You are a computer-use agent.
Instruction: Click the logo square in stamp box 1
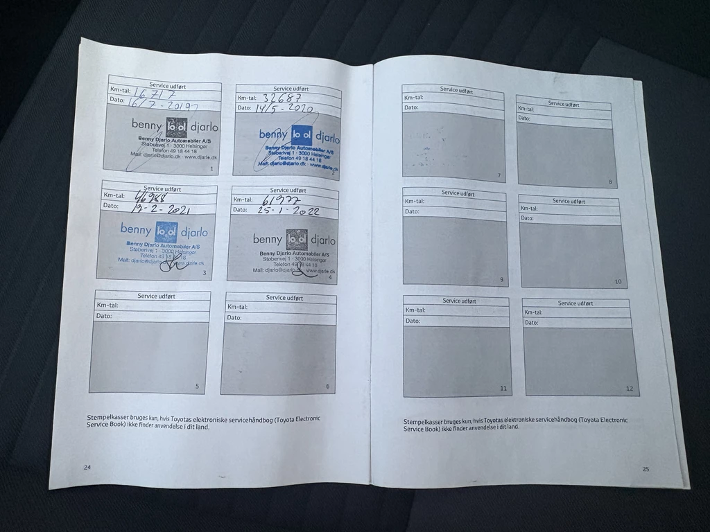click(x=176, y=127)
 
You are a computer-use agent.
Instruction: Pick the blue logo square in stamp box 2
click(x=301, y=134)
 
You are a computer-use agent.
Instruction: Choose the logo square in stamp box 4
click(x=297, y=239)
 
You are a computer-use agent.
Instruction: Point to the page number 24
click(x=87, y=468)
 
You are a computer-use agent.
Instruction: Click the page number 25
click(x=646, y=469)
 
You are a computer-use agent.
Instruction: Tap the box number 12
click(x=630, y=389)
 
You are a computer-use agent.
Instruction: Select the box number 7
click(x=499, y=175)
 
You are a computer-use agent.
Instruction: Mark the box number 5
click(x=198, y=387)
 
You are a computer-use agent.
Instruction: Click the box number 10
click(x=618, y=282)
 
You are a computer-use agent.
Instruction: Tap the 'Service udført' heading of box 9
click(x=454, y=193)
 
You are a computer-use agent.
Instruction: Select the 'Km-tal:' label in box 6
click(x=237, y=307)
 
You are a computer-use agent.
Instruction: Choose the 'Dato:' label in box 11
click(x=413, y=321)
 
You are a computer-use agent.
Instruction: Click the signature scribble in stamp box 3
click(x=171, y=265)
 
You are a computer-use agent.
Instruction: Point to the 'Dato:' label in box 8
click(x=524, y=118)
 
